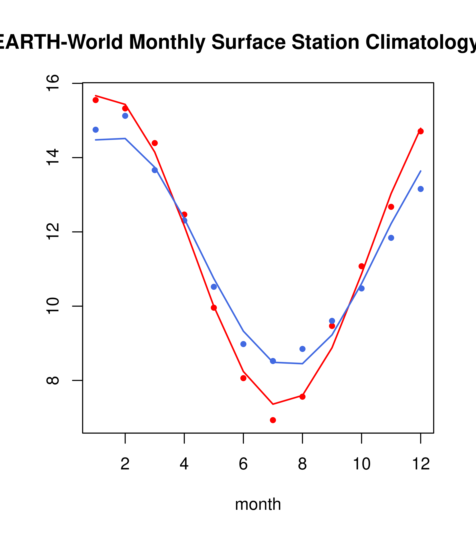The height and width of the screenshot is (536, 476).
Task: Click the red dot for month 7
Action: (x=273, y=420)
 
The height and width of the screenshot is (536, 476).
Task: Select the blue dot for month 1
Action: (x=96, y=130)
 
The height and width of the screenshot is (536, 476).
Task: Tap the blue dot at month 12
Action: (x=420, y=189)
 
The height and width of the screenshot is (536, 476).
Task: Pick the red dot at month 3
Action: (x=155, y=143)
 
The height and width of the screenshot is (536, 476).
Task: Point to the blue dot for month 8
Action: (x=302, y=349)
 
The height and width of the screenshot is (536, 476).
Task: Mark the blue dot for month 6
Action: (x=243, y=344)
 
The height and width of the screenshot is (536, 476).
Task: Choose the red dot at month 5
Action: (x=214, y=308)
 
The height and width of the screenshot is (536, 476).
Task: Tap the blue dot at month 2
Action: (x=125, y=116)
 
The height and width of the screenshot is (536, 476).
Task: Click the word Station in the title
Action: (x=325, y=42)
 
